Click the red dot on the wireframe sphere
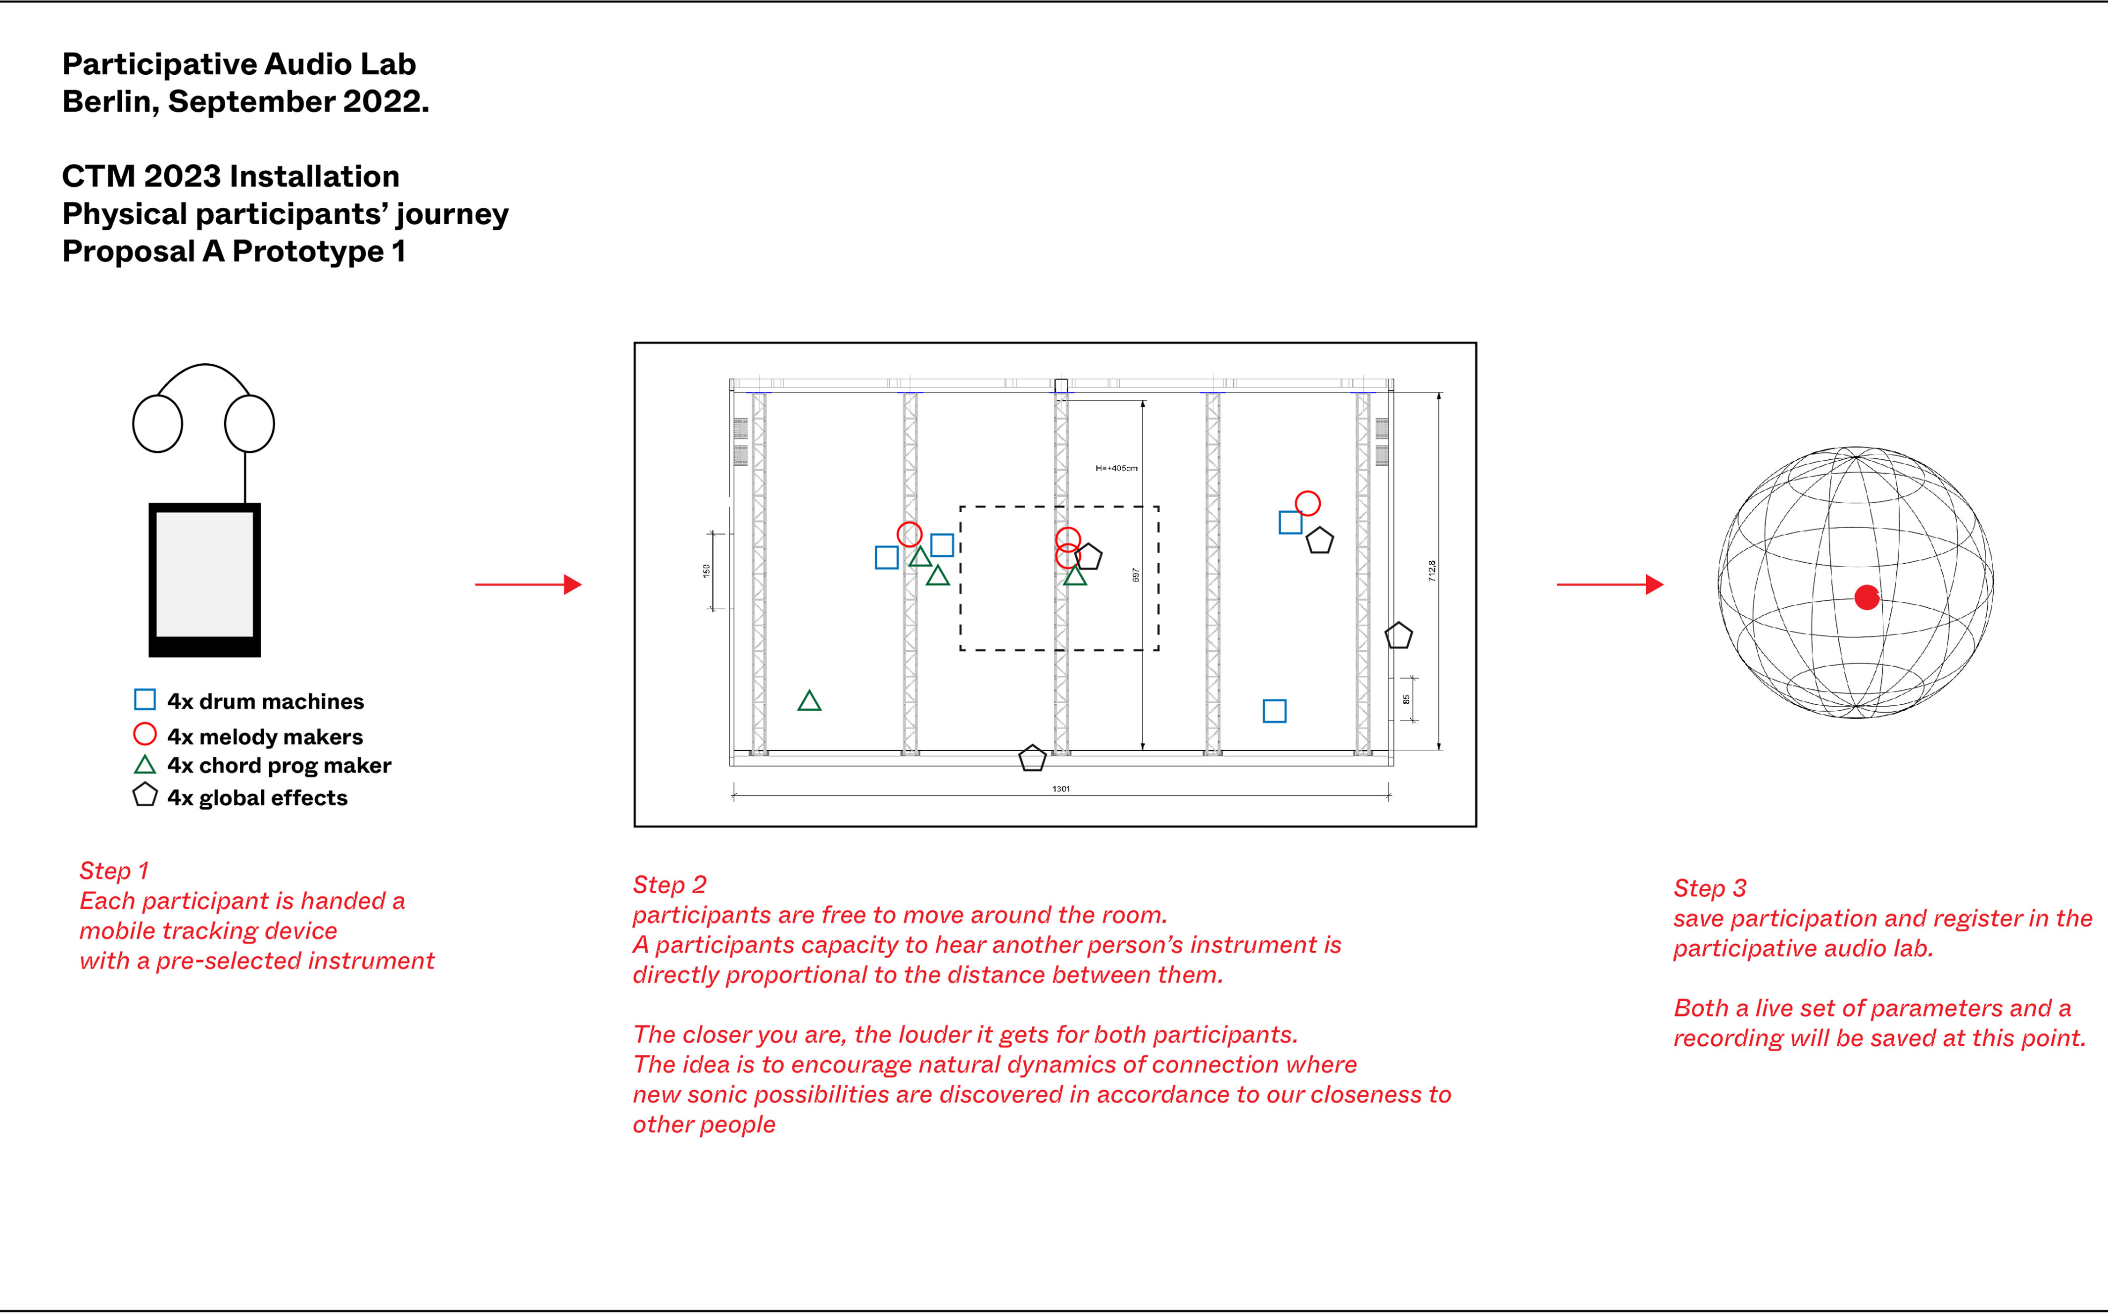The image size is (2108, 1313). click(x=1867, y=597)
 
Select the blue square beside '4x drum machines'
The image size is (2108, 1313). click(x=145, y=700)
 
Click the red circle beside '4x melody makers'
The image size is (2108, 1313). click(x=145, y=734)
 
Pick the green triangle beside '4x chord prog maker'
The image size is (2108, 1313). click(x=145, y=765)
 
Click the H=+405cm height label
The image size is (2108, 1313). click(x=1116, y=468)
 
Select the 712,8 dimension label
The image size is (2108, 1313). click(x=1433, y=571)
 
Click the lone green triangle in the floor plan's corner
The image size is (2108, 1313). click(x=809, y=702)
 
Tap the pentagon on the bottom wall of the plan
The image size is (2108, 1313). click(x=1032, y=758)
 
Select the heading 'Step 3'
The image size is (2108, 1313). click(x=1710, y=888)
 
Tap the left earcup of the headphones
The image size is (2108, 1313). click(x=157, y=424)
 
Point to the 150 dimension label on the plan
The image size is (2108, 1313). click(x=707, y=571)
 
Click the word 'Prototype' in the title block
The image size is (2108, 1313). click(x=308, y=252)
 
